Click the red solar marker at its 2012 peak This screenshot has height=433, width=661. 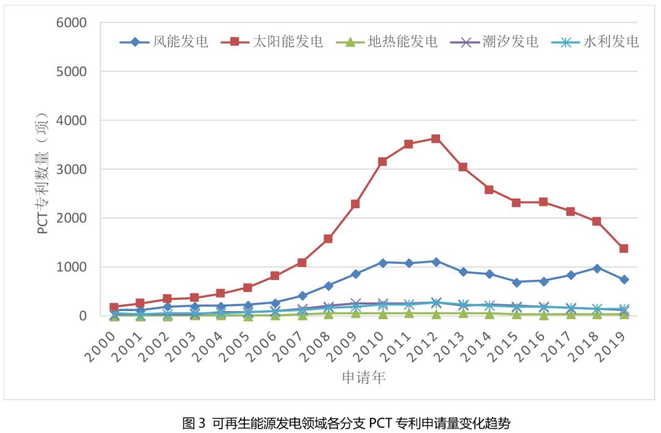pyautogui.click(x=436, y=138)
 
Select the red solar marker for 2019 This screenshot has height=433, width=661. pyautogui.click(x=624, y=249)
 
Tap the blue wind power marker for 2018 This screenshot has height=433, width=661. pyautogui.click(x=597, y=268)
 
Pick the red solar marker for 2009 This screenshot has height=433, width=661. pyautogui.click(x=355, y=204)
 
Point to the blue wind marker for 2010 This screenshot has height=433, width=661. pyautogui.click(x=383, y=263)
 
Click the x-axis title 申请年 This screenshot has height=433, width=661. pyautogui.click(x=364, y=377)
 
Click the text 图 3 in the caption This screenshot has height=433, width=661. pyautogui.click(x=194, y=422)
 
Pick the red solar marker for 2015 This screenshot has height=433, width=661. pyautogui.click(x=517, y=203)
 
